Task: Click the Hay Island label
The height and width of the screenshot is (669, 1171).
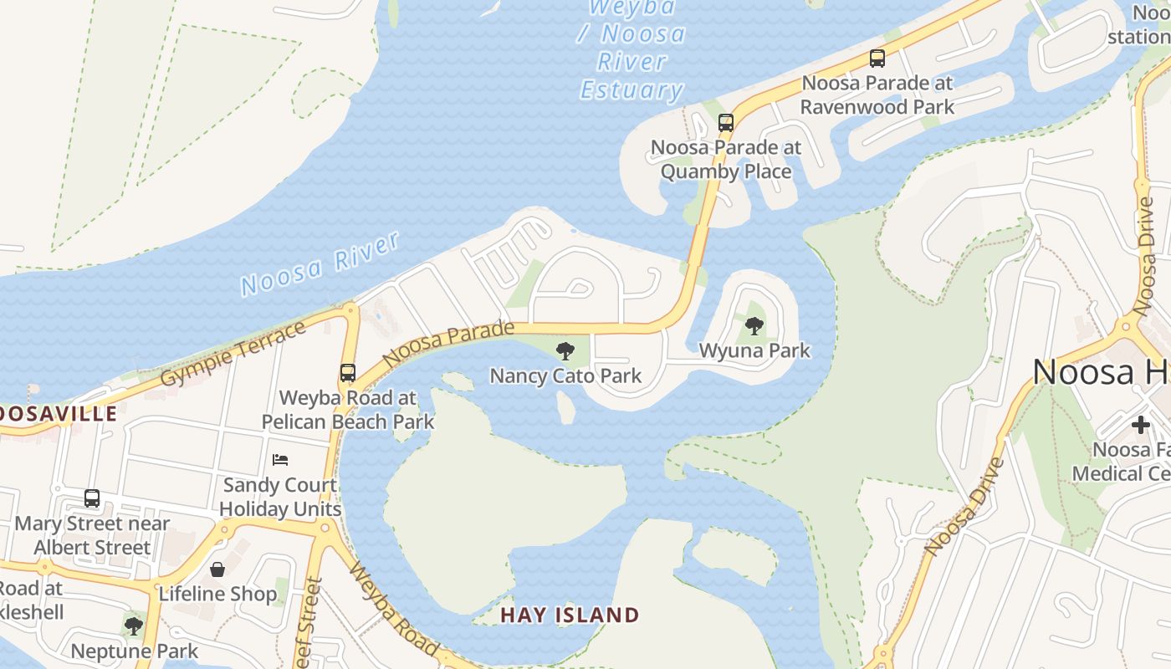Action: point(570,615)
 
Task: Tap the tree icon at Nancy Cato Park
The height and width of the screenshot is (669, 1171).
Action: point(565,351)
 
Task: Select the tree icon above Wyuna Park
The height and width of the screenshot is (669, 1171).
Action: point(754,326)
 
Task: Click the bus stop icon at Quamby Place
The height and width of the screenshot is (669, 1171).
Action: point(726,123)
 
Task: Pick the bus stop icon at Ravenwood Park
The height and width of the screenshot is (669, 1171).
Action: point(877,59)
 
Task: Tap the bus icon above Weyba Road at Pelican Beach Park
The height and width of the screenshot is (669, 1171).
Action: point(348,373)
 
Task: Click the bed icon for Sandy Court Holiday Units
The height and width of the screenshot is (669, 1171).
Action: point(280,460)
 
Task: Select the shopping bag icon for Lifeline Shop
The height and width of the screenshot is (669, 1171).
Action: point(217,569)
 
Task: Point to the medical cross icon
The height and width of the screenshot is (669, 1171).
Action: point(1141,425)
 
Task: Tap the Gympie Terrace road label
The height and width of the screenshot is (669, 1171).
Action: point(233,354)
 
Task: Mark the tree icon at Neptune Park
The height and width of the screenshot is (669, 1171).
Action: point(133,626)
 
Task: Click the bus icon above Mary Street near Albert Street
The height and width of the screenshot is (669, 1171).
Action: point(92,498)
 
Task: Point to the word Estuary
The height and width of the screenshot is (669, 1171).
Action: point(632,89)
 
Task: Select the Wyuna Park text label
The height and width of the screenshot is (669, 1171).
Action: point(754,350)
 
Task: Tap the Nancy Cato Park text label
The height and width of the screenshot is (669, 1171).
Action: point(565,375)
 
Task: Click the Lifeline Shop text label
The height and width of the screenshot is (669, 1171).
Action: point(217,594)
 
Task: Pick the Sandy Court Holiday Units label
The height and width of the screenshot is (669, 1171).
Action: point(280,497)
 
